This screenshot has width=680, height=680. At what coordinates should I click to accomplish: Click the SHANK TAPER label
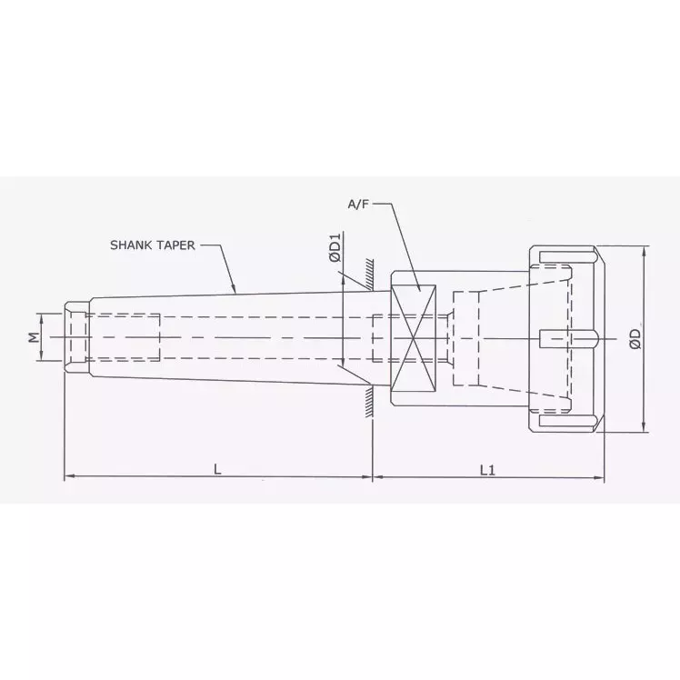tap(152, 245)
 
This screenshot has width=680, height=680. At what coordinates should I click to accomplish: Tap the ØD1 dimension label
tap(335, 248)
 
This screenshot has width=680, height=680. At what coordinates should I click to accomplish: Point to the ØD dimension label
tap(635, 338)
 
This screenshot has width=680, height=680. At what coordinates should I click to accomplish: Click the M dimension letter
tap(34, 337)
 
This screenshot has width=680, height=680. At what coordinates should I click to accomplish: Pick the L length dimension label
tap(216, 469)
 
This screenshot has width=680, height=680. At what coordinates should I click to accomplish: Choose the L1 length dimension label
tap(487, 469)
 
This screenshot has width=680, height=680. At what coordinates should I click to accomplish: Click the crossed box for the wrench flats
tap(414, 337)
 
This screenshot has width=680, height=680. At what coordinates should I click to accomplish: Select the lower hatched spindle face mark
tap(367, 405)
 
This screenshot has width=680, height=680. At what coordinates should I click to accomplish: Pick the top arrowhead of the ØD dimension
tap(645, 249)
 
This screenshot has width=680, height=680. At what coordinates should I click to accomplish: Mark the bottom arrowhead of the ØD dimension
tap(645, 429)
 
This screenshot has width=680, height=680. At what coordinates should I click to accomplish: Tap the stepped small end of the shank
tap(76, 337)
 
